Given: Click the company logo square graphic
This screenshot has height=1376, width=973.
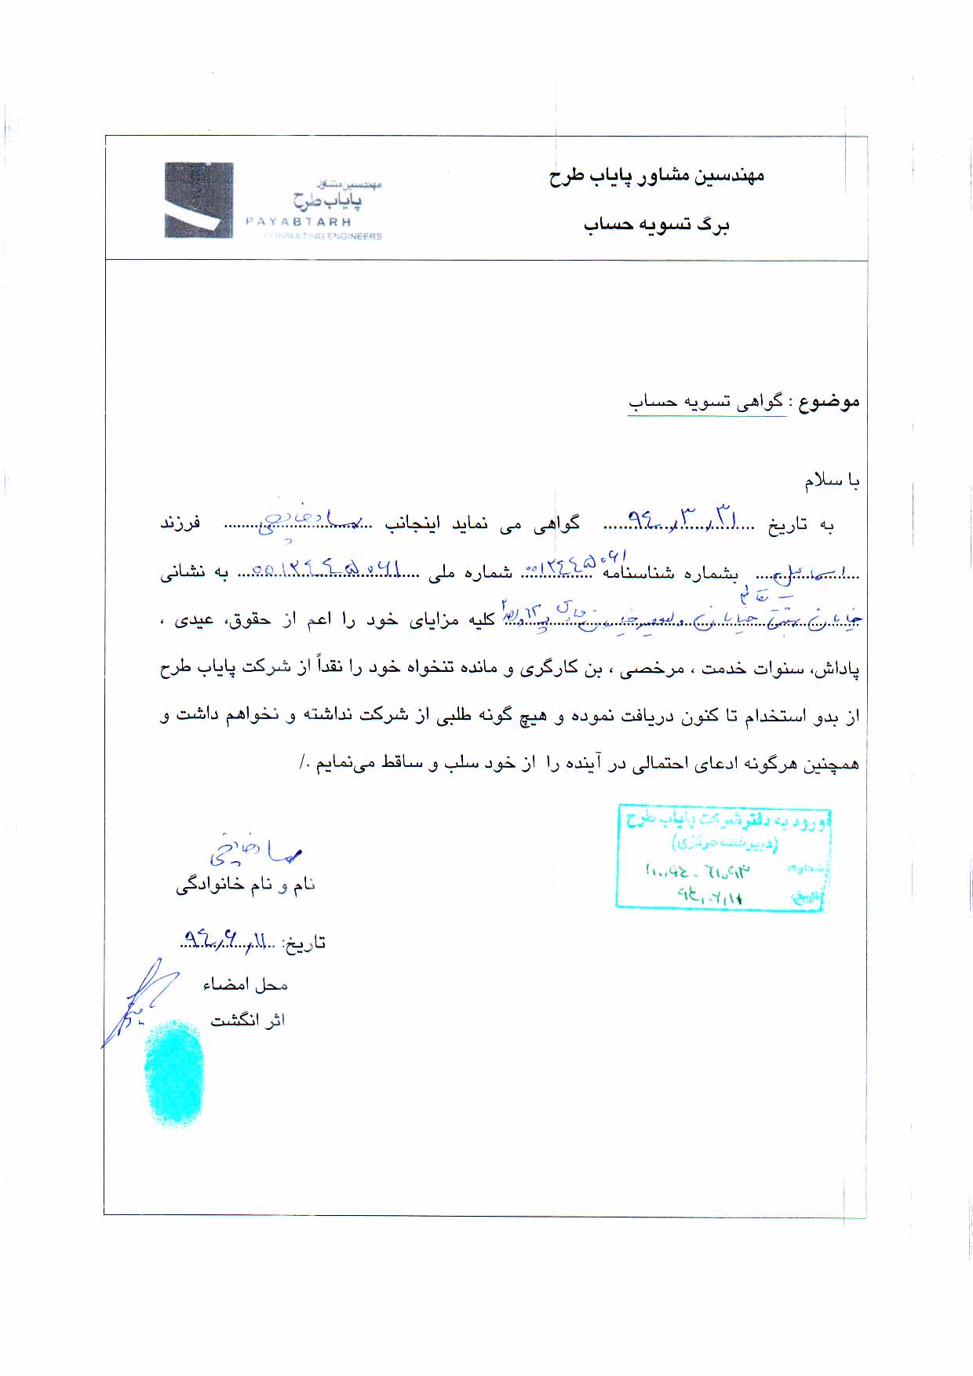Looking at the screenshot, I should click(x=199, y=200).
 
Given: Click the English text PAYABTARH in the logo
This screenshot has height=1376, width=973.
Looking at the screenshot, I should click(x=298, y=222).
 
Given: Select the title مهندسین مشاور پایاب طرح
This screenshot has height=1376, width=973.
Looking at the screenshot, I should click(x=656, y=175).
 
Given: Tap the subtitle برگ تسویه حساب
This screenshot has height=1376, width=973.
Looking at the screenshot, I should click(x=656, y=225).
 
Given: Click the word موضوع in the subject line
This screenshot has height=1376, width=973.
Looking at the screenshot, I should click(x=829, y=402).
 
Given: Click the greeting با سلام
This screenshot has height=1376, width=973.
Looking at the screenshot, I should click(x=831, y=480).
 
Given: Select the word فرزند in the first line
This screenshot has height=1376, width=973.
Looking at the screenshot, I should click(x=180, y=523).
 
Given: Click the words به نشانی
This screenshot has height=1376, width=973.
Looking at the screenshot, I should click(x=194, y=572).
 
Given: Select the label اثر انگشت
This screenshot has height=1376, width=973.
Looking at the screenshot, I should click(x=247, y=1020).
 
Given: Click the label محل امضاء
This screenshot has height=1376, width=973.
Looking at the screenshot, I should click(x=245, y=984).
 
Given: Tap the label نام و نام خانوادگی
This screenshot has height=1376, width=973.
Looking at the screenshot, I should click(x=245, y=885).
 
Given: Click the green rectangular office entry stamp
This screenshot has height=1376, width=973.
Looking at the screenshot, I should click(x=722, y=857).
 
